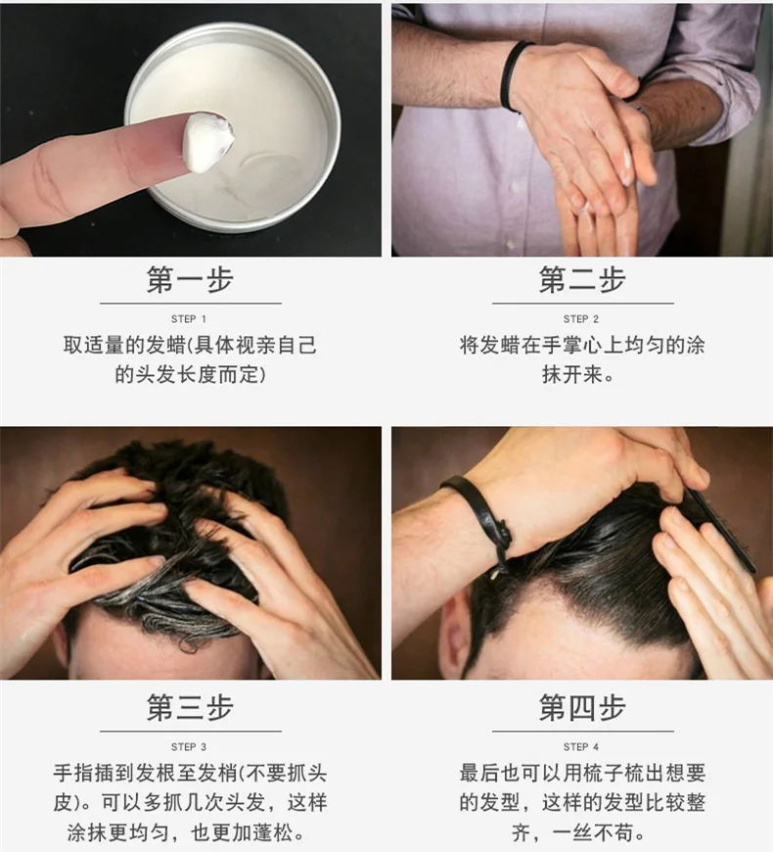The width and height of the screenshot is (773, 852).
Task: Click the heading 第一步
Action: click(190, 280)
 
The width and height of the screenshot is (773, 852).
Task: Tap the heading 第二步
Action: click(582, 280)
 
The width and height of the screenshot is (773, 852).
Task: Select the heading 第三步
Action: click(190, 707)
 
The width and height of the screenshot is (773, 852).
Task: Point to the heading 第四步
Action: click(582, 707)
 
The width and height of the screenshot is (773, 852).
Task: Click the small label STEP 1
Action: click(189, 319)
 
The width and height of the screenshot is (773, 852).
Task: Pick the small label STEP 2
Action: click(581, 319)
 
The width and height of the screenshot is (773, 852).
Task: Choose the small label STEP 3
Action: click(189, 746)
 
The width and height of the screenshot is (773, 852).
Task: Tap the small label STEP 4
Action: click(581, 746)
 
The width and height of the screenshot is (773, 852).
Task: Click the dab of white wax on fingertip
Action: click(206, 141)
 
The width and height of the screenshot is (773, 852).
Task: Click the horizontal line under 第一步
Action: click(191, 304)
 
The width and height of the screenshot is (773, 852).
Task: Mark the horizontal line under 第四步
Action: click(583, 732)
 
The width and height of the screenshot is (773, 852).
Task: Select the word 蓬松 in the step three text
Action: click(273, 832)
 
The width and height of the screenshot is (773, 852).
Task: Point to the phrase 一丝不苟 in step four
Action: click(593, 832)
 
